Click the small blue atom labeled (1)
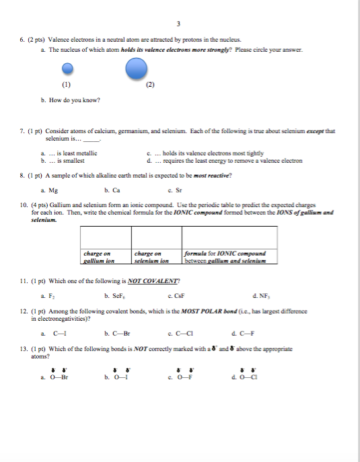click(x=67, y=69)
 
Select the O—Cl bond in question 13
click(x=254, y=378)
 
